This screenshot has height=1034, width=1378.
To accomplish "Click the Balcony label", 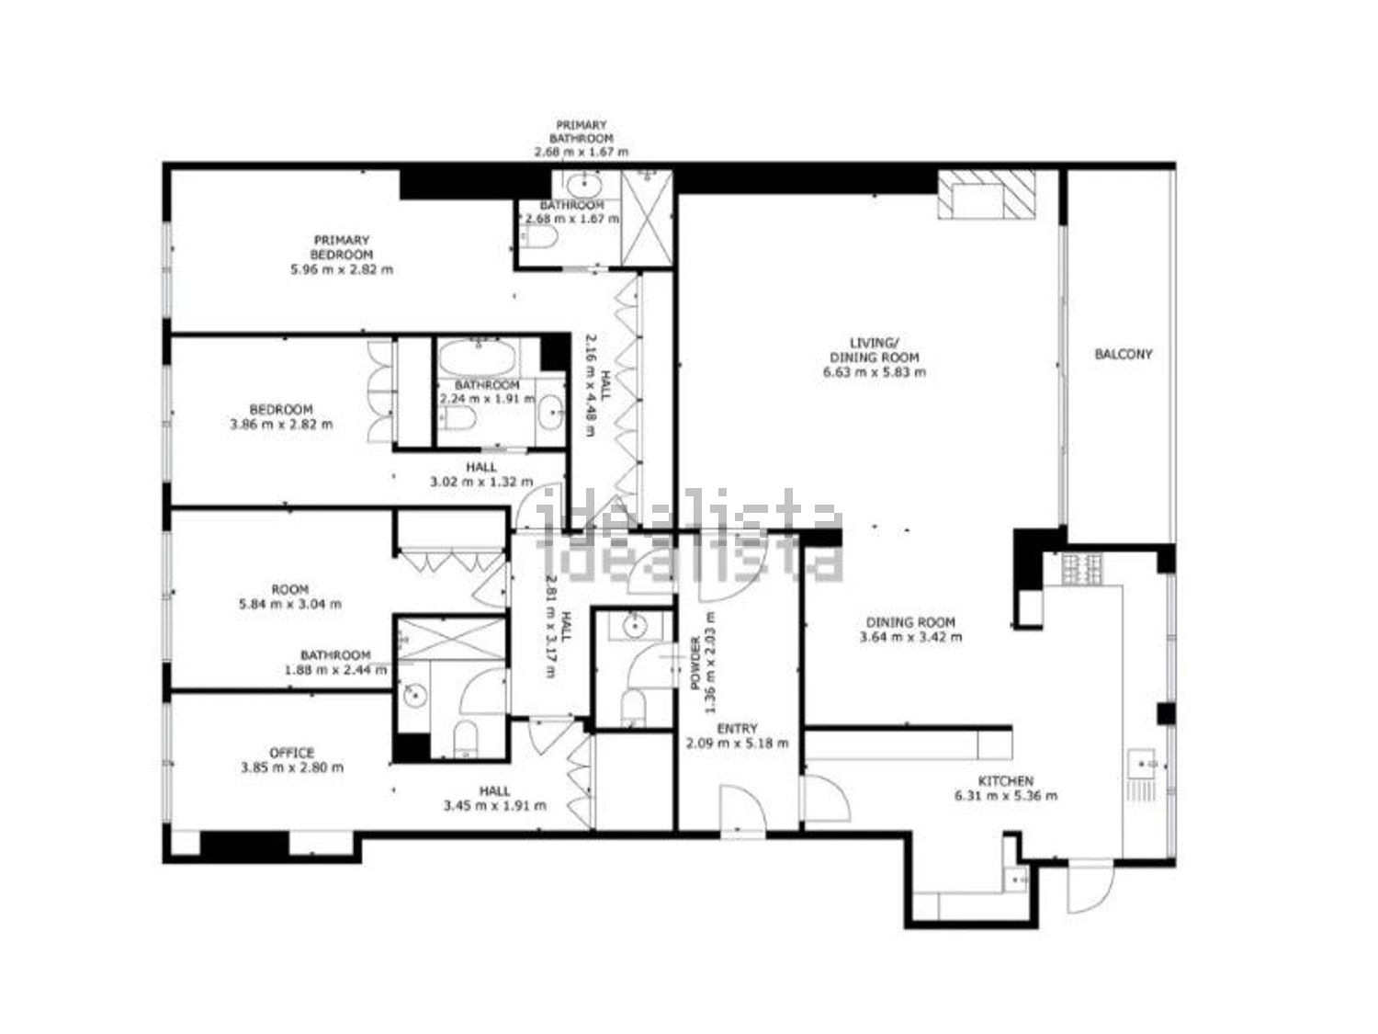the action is (x=1124, y=354).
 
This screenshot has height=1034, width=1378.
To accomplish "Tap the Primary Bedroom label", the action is (x=342, y=246).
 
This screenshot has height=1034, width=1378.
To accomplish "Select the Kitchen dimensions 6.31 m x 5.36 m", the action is (x=1005, y=795).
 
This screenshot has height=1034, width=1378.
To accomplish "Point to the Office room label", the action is (x=291, y=752).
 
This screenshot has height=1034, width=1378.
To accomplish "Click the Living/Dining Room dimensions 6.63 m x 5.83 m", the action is (x=874, y=371).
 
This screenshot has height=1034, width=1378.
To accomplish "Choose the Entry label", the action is (x=737, y=728).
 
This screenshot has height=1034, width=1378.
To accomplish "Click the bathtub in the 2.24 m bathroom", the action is (x=478, y=358).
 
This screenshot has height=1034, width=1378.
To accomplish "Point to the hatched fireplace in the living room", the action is (x=986, y=194).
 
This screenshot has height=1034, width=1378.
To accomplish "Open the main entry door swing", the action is (x=742, y=808).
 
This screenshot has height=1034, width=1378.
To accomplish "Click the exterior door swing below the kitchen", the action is (x=1090, y=891).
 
